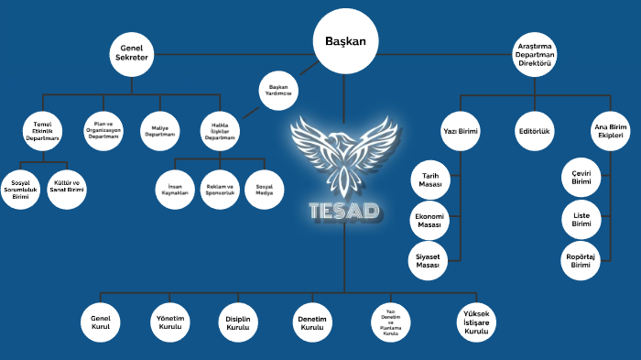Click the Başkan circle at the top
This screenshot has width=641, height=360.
[x=345, y=41]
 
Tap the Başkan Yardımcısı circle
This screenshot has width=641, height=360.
[x=277, y=90]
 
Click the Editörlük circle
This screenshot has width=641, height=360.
[x=534, y=131]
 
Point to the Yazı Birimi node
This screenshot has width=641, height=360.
[x=461, y=131]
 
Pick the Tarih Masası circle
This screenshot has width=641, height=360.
[x=430, y=180]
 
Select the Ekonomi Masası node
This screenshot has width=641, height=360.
[x=430, y=221]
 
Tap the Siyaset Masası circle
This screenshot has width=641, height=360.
[x=430, y=261]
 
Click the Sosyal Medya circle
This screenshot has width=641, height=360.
[x=265, y=190]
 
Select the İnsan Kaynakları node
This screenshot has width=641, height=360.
[x=174, y=190]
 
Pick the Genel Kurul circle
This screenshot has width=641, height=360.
[x=101, y=322]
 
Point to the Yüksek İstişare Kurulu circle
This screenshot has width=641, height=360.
[x=476, y=322]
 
